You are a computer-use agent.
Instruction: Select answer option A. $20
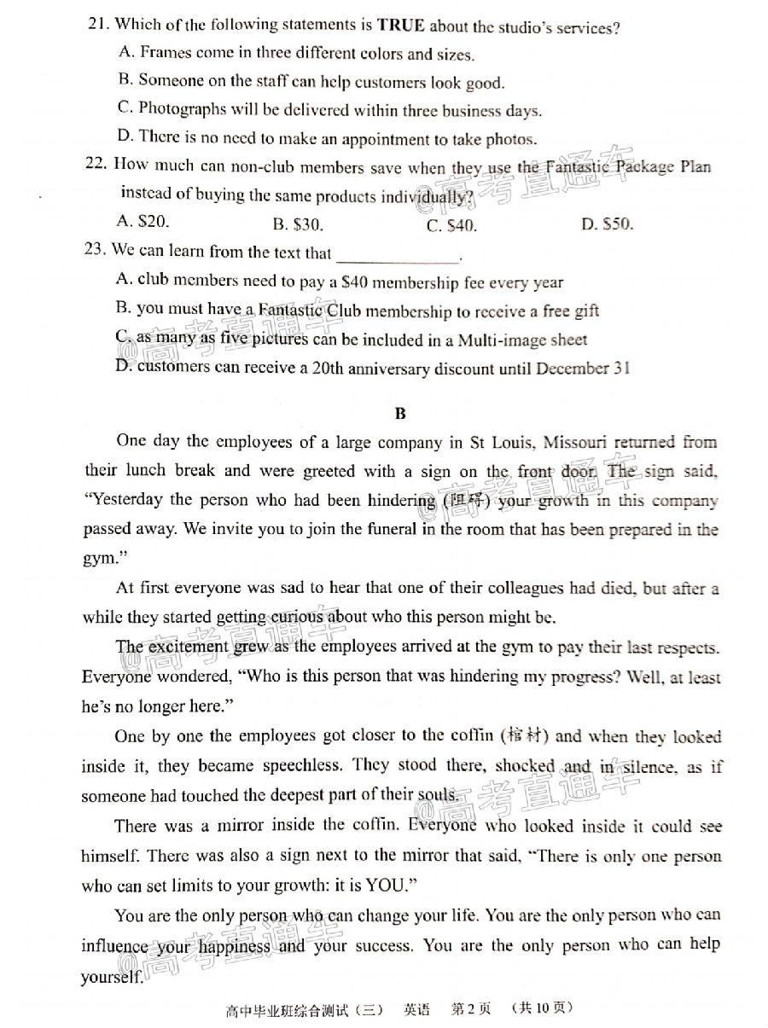coord(143,221)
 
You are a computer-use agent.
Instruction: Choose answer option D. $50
coord(607,224)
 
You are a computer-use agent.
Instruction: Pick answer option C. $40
coord(451,225)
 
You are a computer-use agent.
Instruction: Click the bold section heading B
coord(400,414)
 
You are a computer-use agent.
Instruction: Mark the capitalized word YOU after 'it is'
coord(390,885)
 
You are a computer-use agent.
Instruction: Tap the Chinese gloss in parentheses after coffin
coord(525,735)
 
